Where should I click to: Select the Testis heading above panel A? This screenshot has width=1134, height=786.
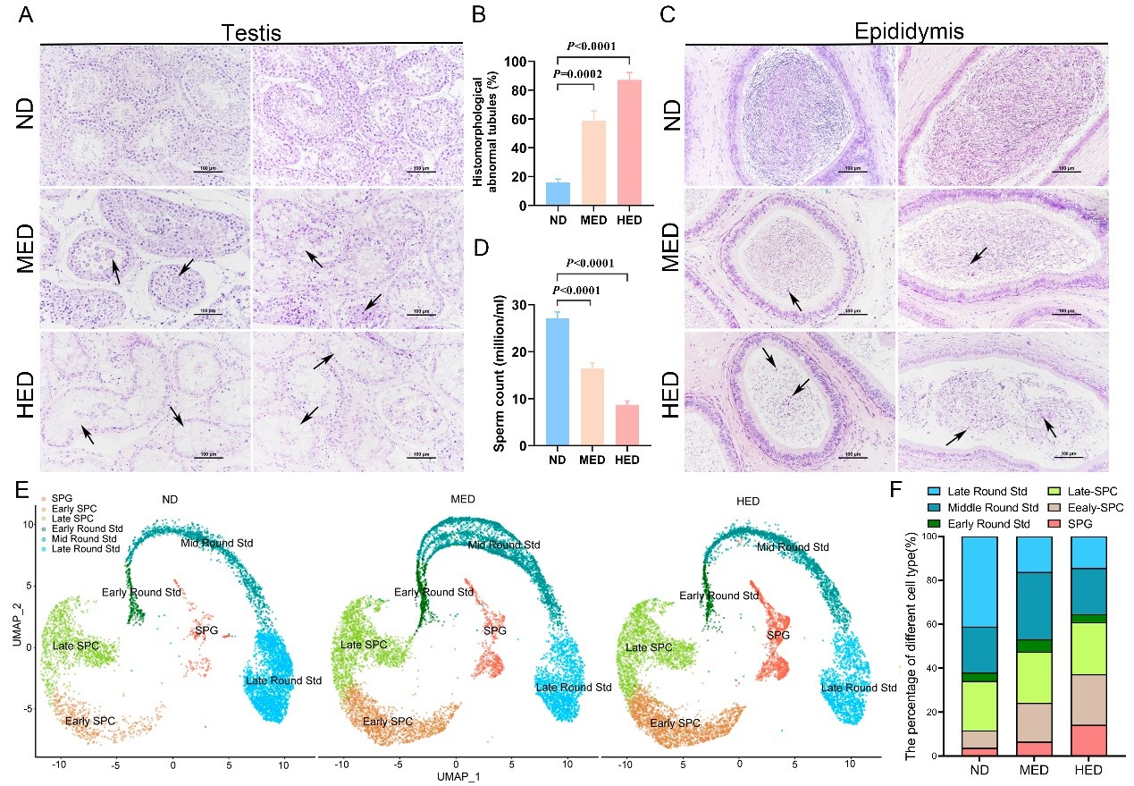pyautogui.click(x=251, y=32)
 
